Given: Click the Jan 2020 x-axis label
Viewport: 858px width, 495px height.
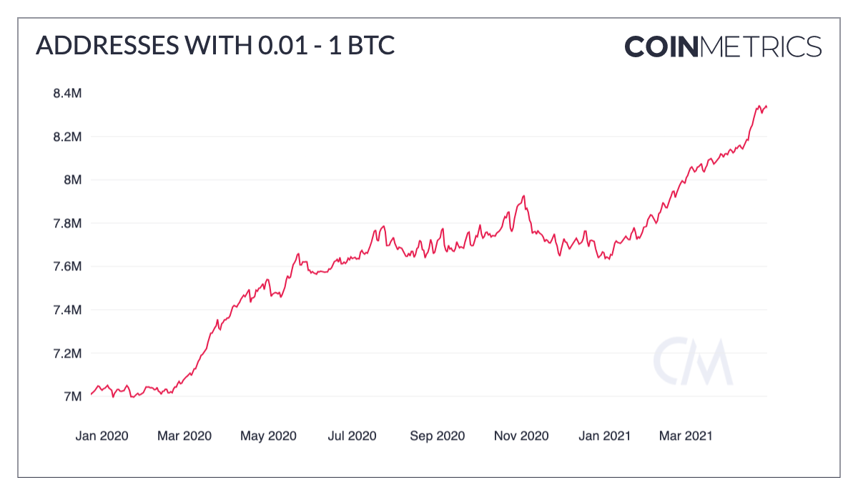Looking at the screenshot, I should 102,436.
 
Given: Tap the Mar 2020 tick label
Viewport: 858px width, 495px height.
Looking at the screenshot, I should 184,436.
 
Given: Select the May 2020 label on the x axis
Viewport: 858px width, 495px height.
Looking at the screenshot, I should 268,436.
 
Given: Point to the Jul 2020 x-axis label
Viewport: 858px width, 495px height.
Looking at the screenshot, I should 352,436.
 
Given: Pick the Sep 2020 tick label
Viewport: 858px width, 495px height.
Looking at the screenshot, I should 437,436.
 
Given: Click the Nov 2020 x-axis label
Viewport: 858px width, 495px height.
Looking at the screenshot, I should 521,436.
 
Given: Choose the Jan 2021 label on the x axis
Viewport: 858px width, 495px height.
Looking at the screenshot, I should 604,436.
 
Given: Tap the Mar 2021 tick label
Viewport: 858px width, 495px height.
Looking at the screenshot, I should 686,436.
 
